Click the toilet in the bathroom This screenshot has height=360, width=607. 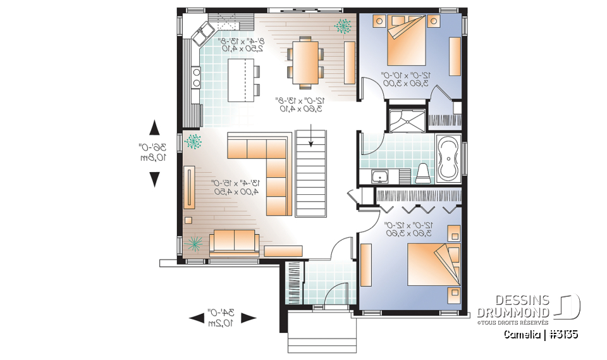click(423, 173)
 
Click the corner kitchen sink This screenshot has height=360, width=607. click(205, 33)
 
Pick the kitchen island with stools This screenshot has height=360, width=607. click(240, 79)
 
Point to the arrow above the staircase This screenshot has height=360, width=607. click(312, 137)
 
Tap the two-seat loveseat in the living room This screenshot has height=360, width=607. click(234, 241)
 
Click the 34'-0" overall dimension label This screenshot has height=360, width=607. click(222, 317)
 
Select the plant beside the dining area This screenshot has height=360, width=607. click(344, 25)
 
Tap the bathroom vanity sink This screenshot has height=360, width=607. click(380, 176)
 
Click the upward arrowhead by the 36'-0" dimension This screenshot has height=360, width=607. click(154, 129)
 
